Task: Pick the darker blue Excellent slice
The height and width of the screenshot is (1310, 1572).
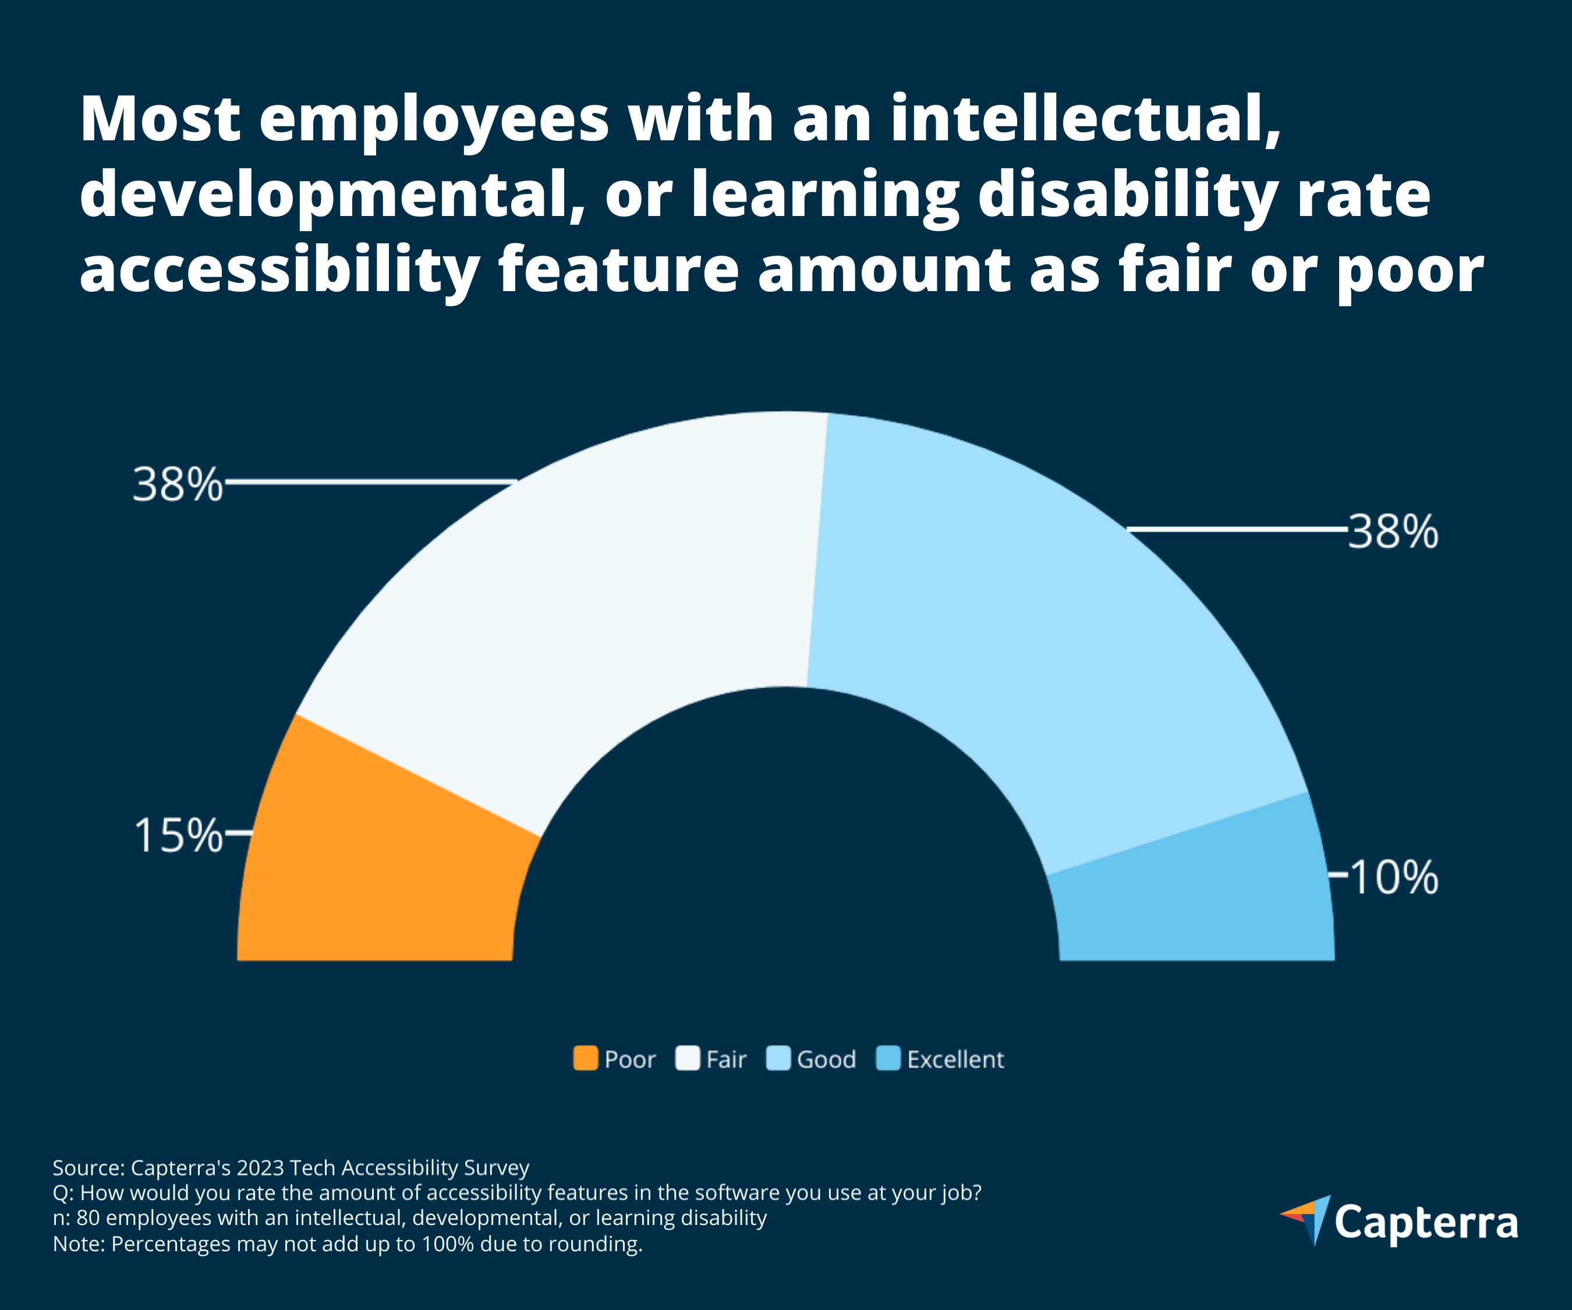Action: tap(1198, 898)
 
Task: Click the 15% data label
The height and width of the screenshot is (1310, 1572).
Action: tap(178, 835)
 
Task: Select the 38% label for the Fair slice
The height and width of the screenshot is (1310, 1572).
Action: tap(178, 484)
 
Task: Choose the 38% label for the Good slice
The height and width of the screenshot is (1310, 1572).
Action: tap(1393, 532)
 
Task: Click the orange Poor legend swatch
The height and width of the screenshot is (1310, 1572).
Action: tap(585, 1058)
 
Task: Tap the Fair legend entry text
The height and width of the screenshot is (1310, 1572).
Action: tap(726, 1059)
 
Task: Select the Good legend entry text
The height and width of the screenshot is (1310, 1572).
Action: tap(826, 1059)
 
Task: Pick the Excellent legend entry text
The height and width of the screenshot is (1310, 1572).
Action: tap(955, 1059)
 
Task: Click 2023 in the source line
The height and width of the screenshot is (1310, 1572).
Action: tap(260, 1168)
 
